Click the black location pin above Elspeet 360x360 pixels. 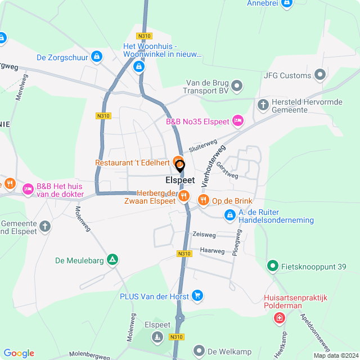click(180, 166)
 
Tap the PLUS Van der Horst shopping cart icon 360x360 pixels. click(197, 295)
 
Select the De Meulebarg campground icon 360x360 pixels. click(113, 260)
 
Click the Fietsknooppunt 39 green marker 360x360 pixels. click(272, 265)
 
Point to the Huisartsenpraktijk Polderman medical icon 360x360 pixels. click(279, 318)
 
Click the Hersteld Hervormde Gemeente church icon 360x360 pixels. click(263, 104)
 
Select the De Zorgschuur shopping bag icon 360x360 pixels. click(97, 57)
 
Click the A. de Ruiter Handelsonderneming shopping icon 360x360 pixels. click(229, 214)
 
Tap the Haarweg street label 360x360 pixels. click(212, 250)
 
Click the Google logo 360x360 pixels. click(19, 353)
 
